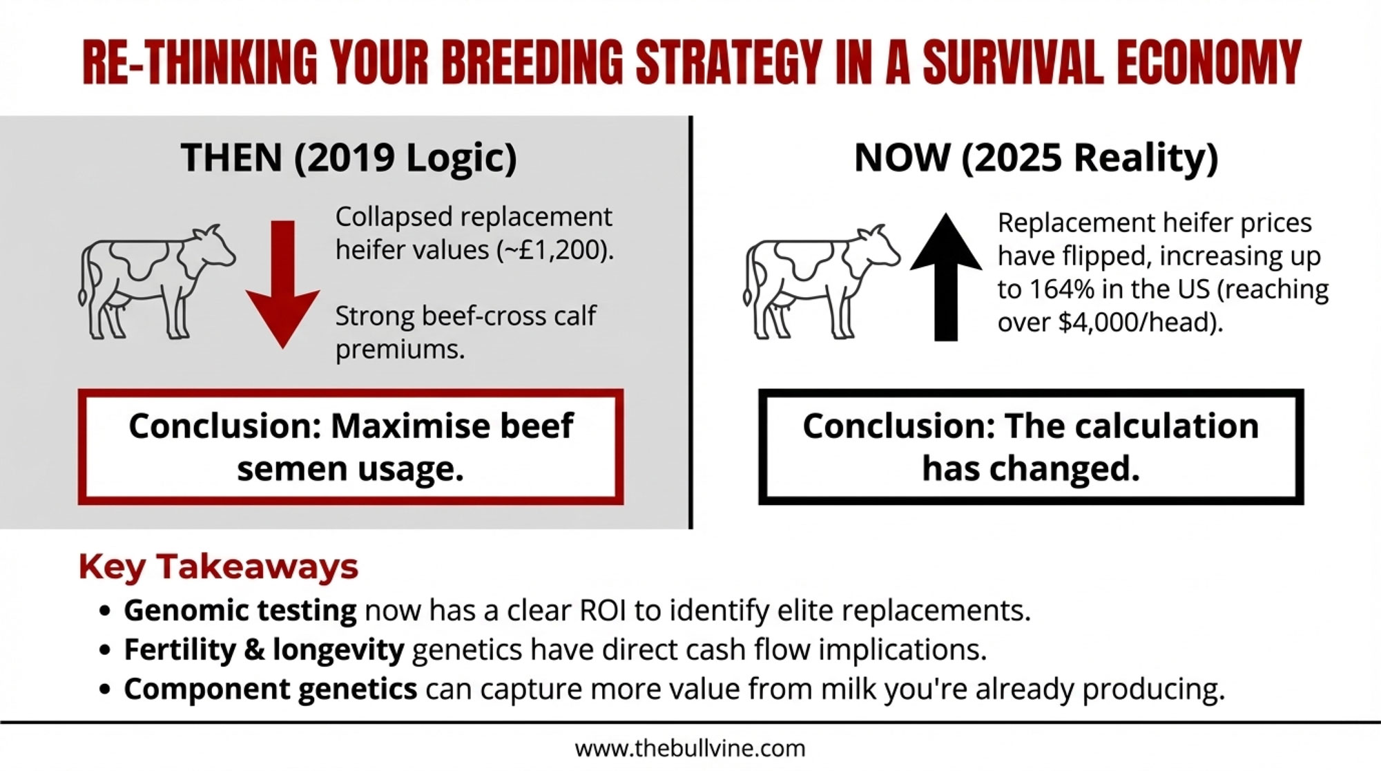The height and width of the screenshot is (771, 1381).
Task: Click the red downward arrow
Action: [282, 283]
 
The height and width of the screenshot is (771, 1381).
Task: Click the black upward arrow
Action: [946, 276]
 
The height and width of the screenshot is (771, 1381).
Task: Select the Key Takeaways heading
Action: [218, 567]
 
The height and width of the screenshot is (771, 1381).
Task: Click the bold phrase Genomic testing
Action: [240, 611]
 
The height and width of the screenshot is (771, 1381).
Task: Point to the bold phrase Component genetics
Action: [270, 689]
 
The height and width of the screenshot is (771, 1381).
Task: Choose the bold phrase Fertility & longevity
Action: [264, 650]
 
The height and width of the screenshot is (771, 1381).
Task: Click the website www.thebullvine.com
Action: [690, 748]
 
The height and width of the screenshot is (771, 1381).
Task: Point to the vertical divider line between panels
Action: [690, 322]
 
